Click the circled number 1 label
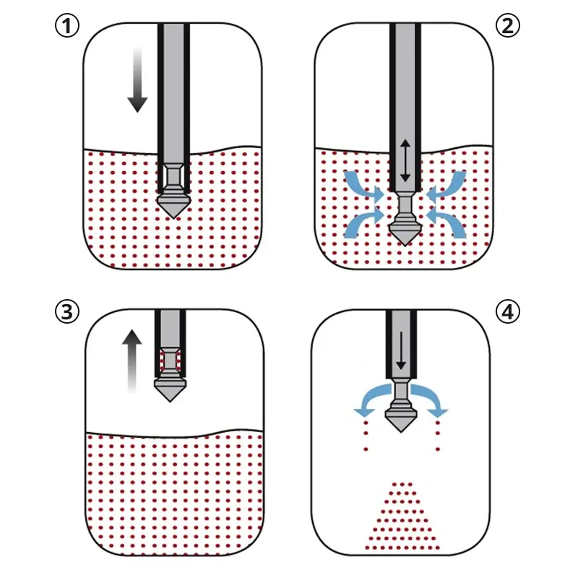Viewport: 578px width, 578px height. [x=67, y=26]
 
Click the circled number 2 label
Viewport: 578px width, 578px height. [x=508, y=26]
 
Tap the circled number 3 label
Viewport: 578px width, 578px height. [x=67, y=312]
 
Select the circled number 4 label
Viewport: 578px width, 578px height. [x=508, y=312]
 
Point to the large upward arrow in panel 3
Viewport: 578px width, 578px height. [x=132, y=362]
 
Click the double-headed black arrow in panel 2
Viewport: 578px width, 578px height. [x=405, y=160]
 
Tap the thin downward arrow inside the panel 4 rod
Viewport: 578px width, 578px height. [x=401, y=350]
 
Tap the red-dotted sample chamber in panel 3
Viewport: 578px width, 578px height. [x=170, y=360]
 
